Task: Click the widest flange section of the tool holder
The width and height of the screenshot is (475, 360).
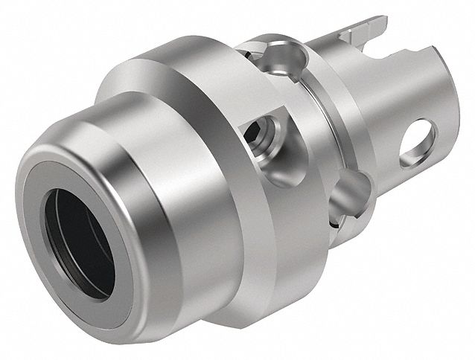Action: tap(216, 149)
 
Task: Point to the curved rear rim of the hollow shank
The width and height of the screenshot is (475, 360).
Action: tap(439, 82)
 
